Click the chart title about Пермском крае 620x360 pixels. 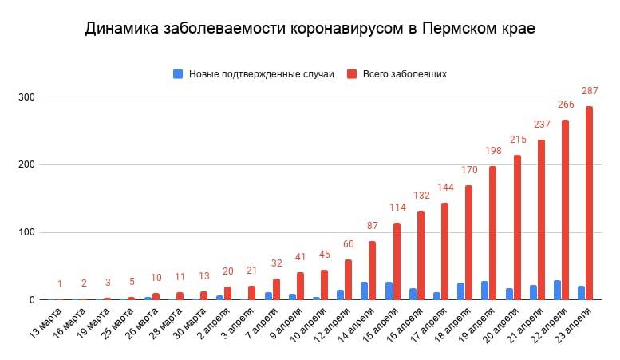click(x=310, y=29)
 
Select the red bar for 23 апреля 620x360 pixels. click(x=590, y=204)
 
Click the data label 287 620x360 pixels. click(x=590, y=91)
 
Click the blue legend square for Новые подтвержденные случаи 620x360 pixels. click(x=178, y=73)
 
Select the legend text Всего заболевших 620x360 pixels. click(x=405, y=73)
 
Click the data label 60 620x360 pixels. click(x=349, y=244)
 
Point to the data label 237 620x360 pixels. click(x=542, y=125)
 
